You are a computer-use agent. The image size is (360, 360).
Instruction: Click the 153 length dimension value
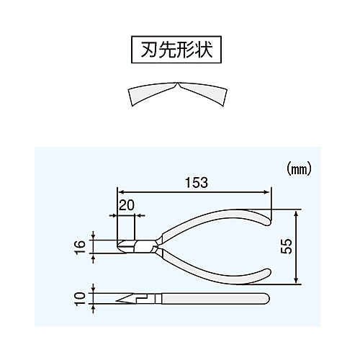(x=197, y=183)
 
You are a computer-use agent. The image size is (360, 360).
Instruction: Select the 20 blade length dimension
(x=127, y=205)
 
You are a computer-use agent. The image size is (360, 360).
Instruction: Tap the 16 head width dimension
(x=80, y=247)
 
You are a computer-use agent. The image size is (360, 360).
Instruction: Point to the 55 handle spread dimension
(x=287, y=246)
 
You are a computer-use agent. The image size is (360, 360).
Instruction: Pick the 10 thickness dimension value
(x=80, y=299)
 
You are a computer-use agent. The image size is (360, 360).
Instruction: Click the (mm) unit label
(x=299, y=170)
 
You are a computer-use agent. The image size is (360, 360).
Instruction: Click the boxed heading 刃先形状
(x=176, y=50)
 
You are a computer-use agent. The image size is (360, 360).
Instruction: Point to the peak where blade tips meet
(x=177, y=83)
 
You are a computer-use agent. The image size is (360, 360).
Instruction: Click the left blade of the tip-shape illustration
(x=151, y=93)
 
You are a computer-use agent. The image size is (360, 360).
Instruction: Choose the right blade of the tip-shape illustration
(x=203, y=93)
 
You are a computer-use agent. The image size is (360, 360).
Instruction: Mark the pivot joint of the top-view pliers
(x=156, y=246)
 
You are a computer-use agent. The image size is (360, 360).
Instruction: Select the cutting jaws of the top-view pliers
(x=126, y=246)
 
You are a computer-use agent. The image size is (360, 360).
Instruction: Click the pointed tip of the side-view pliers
(x=117, y=301)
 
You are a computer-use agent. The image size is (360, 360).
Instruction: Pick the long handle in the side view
(x=215, y=298)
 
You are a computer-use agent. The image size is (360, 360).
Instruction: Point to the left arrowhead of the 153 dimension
(x=122, y=192)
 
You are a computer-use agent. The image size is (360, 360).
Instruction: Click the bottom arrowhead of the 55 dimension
(x=296, y=280)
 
